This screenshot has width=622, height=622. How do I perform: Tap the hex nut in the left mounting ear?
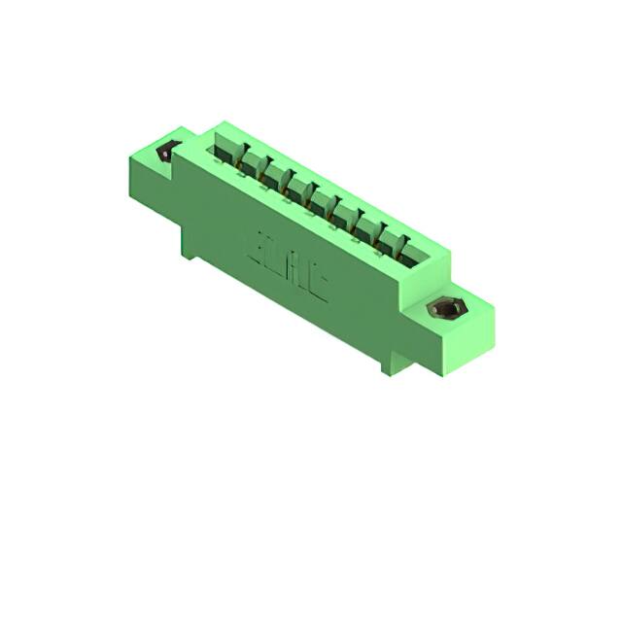pos(167,152)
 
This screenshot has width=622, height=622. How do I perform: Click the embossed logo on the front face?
pos(292,263)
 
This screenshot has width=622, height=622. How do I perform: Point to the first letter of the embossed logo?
pos(264,242)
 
